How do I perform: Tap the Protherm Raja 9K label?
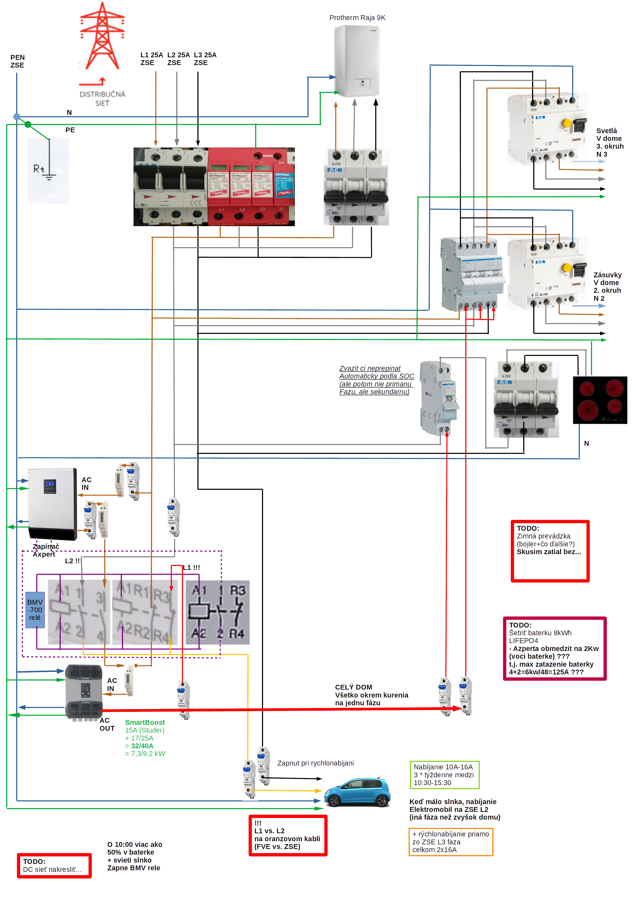pyautogui.click(x=357, y=18)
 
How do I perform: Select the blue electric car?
pyautogui.click(x=357, y=791)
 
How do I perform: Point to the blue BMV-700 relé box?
pyautogui.click(x=35, y=610)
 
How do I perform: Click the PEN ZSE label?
pyautogui.click(x=17, y=61)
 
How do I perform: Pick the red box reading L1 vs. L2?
pyautogui.click(x=288, y=835)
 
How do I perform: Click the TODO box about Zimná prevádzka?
pyautogui.click(x=550, y=551)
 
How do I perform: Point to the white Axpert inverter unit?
pyautogui.click(x=52, y=503)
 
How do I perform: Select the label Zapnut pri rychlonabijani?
pyautogui.click(x=315, y=763)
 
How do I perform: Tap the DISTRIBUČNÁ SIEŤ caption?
pyautogui.click(x=102, y=98)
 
